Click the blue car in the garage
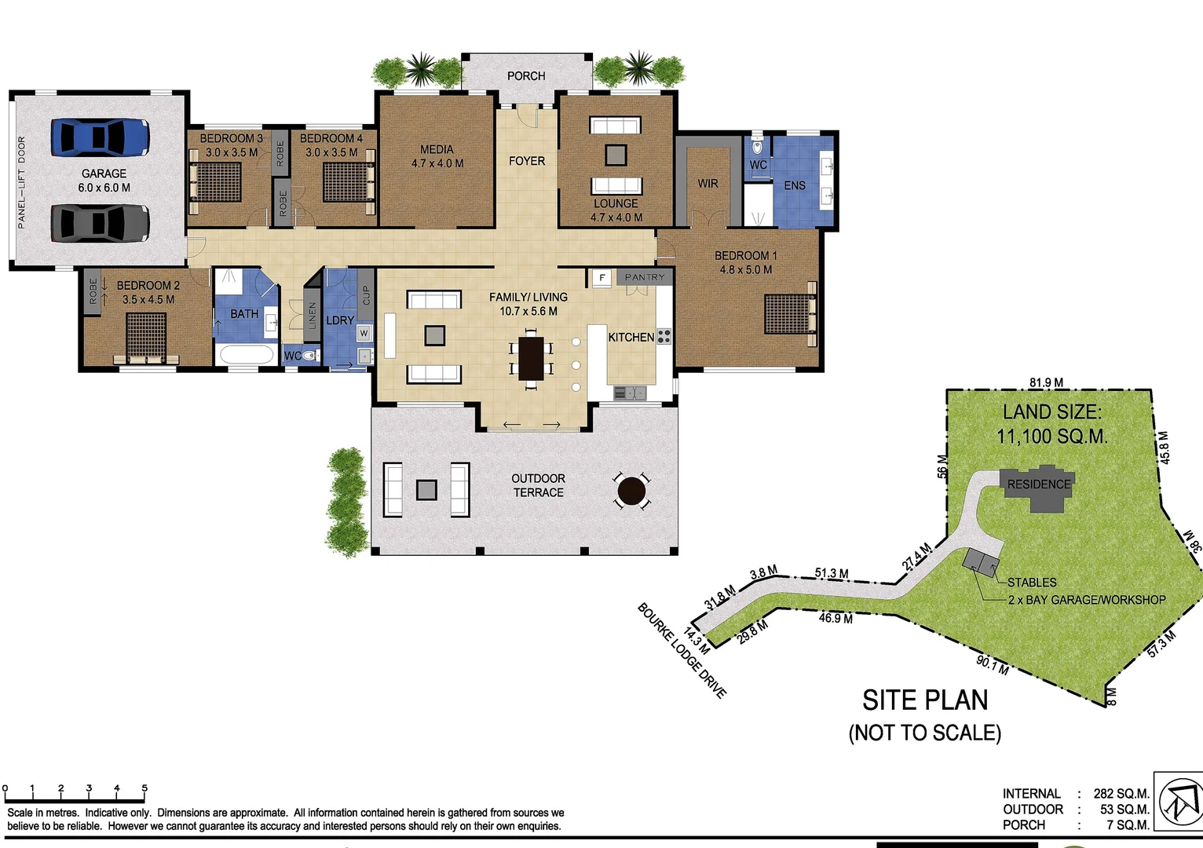[x=100, y=137]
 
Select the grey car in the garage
[x=100, y=223]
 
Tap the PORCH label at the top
[x=526, y=76]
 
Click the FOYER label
[x=526, y=161]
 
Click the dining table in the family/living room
[x=532, y=359]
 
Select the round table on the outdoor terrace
[x=631, y=492]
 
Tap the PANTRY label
[x=645, y=277]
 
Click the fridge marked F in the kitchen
[x=602, y=278]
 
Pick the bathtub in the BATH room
[x=247, y=354]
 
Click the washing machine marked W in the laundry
[x=364, y=334]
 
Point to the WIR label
[x=708, y=184]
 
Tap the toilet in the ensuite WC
[x=757, y=146]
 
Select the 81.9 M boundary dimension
[x=1047, y=383]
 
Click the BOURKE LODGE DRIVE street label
[x=682, y=651]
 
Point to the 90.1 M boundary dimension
[x=992, y=665]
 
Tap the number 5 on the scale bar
[x=144, y=788]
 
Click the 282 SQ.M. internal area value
[x=1121, y=794]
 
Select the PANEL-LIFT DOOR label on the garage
[x=21, y=182]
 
